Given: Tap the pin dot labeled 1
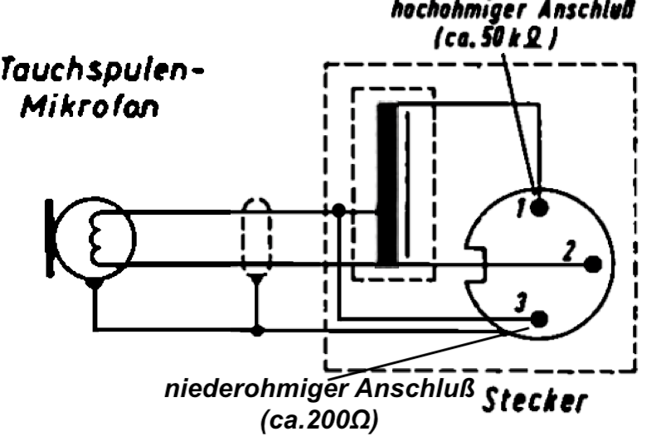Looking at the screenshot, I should point(541,207).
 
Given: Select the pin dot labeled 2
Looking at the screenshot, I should point(594,264).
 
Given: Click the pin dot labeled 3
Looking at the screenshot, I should point(541,318).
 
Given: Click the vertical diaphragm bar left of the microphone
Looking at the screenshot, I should point(51,235).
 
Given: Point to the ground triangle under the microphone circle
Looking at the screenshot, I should point(95,284).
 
